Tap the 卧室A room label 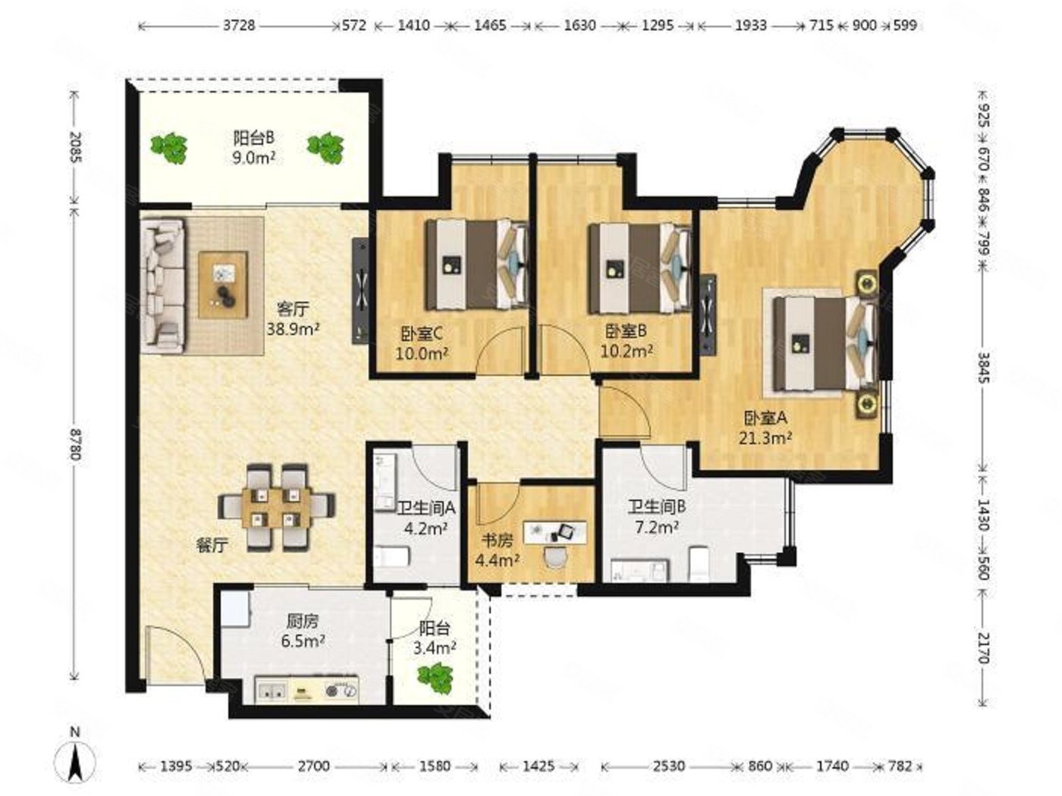(x=765, y=417)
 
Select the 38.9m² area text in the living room (x=294, y=329)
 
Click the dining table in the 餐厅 (x=276, y=507)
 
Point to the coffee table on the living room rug (x=223, y=285)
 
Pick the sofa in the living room (x=162, y=286)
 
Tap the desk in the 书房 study (x=555, y=532)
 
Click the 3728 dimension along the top (x=239, y=25)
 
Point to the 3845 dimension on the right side (x=982, y=368)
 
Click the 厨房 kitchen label (x=303, y=621)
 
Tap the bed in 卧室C (x=477, y=265)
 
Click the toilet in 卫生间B (x=699, y=563)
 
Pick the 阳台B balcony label (x=254, y=138)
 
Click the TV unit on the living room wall (x=360, y=291)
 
